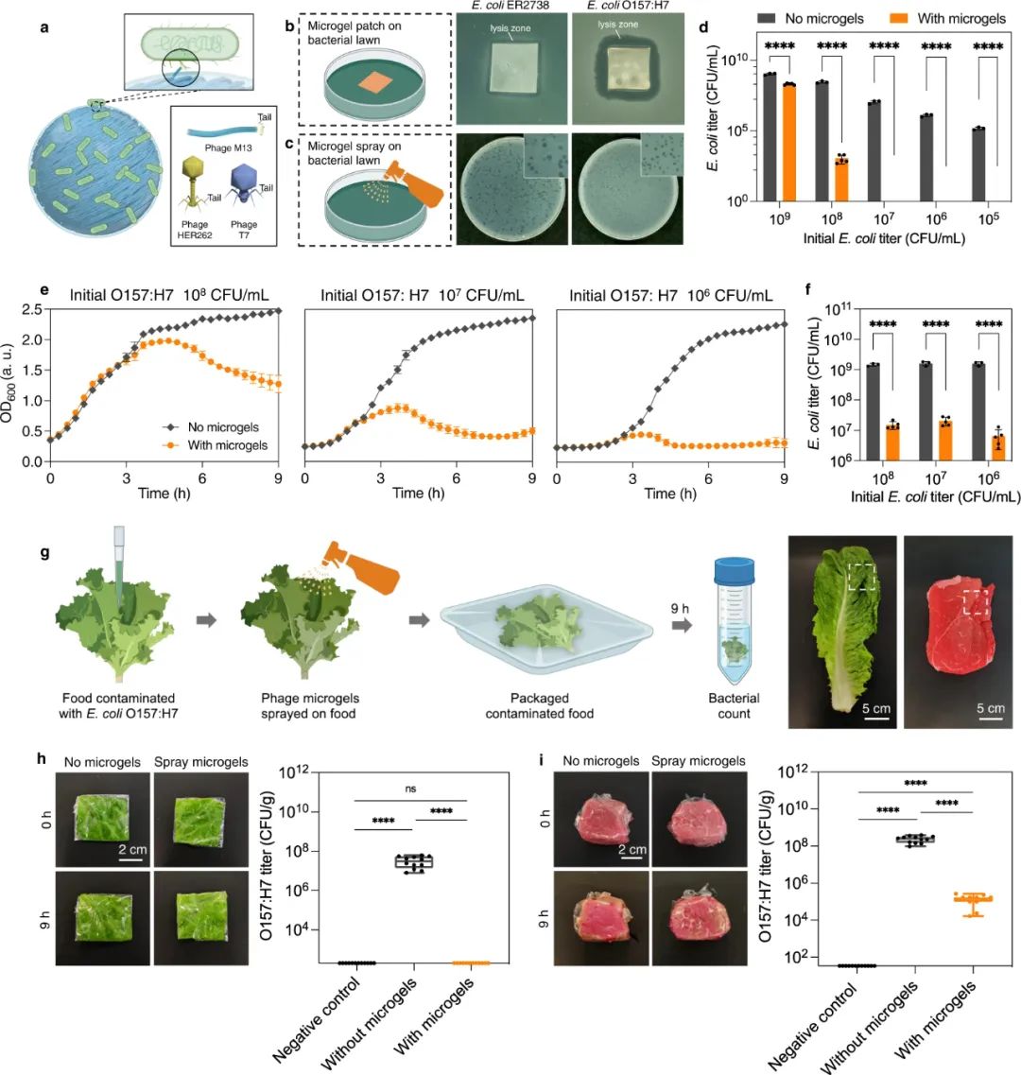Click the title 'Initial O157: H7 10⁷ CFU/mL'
coord(419,295)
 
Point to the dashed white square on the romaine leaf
coord(862,576)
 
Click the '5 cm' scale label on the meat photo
coord(991,708)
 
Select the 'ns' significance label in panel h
coord(409,788)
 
